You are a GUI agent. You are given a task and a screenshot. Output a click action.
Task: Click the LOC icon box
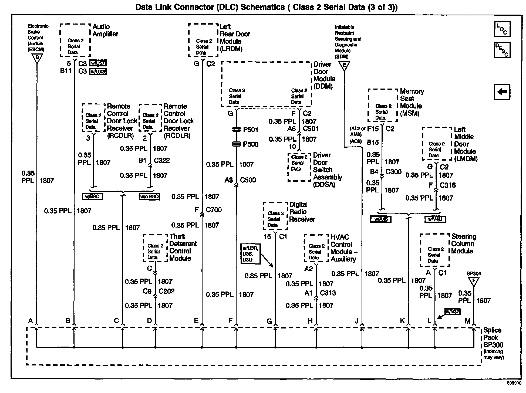[502, 29]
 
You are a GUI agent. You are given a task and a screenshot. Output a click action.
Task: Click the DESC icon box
[502, 50]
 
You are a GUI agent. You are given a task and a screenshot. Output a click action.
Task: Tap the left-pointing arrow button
[502, 92]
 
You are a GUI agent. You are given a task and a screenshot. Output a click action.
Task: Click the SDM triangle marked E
[344, 66]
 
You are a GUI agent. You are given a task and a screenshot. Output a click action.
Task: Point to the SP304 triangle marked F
[473, 282]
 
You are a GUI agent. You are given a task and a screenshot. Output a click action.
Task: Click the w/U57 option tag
[98, 63]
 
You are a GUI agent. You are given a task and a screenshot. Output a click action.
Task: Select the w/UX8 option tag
[98, 72]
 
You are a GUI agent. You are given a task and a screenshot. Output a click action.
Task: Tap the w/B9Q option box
[92, 196]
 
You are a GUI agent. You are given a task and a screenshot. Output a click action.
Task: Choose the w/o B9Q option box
[149, 196]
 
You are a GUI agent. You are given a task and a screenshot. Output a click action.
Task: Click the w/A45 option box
[381, 219]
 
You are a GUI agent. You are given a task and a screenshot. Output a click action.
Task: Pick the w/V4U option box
[435, 219]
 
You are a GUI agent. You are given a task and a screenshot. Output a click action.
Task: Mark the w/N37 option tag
[452, 312]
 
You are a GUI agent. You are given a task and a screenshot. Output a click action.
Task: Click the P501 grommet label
[251, 130]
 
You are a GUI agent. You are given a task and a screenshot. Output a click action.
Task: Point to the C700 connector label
[214, 210]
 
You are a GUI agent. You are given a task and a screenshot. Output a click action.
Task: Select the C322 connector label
[162, 160]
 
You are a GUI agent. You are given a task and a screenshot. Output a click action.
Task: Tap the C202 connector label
[167, 291]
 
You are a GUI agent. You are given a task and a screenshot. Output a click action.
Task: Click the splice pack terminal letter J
[357, 321]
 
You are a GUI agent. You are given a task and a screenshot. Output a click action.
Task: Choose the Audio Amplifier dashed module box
[75, 40]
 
